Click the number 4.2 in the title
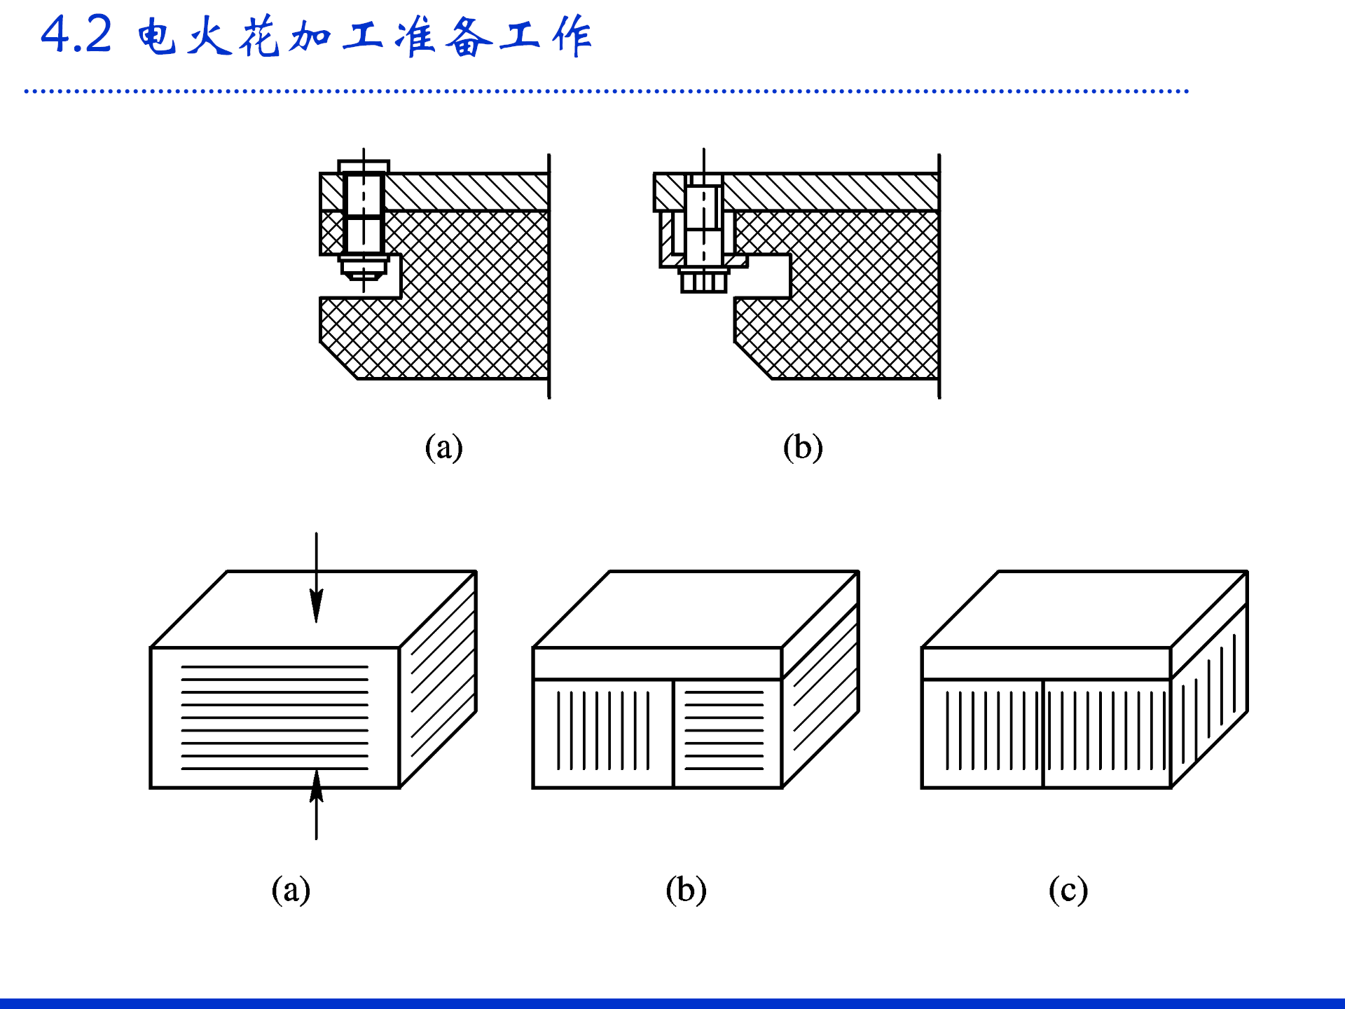[x=76, y=34]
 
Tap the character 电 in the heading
[x=156, y=36]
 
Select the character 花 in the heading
[x=260, y=36]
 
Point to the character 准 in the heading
[x=415, y=36]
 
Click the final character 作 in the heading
[x=572, y=36]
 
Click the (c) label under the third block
[x=1068, y=890]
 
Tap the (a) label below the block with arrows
[x=291, y=890]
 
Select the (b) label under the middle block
[x=686, y=890]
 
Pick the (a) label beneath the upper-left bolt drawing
[x=444, y=447]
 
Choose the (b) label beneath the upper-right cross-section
[x=803, y=447]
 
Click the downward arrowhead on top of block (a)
[x=317, y=605]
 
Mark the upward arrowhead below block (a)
[x=317, y=785]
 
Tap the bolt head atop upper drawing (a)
[x=364, y=167]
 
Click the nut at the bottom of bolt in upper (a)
[x=364, y=268]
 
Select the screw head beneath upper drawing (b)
[x=704, y=280]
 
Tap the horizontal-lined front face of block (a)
[x=275, y=718]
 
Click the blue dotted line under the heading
[x=607, y=91]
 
